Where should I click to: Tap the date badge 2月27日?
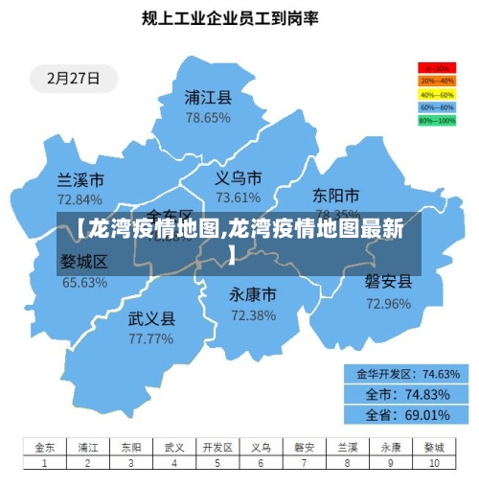point(66,79)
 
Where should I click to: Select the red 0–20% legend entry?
point(436,69)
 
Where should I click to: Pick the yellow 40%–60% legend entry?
point(436,95)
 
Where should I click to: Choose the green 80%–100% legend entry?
point(436,121)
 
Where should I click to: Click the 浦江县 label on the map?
point(208,97)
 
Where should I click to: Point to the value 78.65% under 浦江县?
point(208,118)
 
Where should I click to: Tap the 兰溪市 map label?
point(80,179)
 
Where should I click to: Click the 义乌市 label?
point(238,177)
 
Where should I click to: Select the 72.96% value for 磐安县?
point(388,304)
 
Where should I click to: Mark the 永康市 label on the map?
point(253,293)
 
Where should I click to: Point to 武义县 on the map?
point(151,317)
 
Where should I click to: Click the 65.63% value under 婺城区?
point(84,283)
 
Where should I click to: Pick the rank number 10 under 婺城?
point(433,462)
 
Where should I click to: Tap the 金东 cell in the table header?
point(45,447)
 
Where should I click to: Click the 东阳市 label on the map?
point(336,196)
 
